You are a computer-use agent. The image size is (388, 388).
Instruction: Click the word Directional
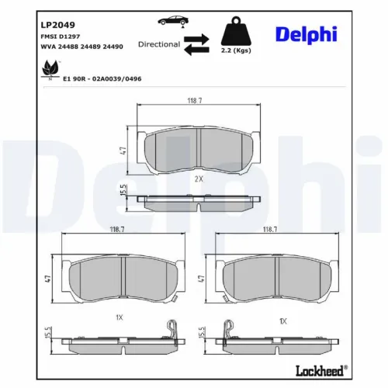tap(159, 44)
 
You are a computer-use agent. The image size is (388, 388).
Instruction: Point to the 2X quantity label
tap(198, 178)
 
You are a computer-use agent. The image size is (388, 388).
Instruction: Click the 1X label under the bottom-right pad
tap(283, 320)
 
